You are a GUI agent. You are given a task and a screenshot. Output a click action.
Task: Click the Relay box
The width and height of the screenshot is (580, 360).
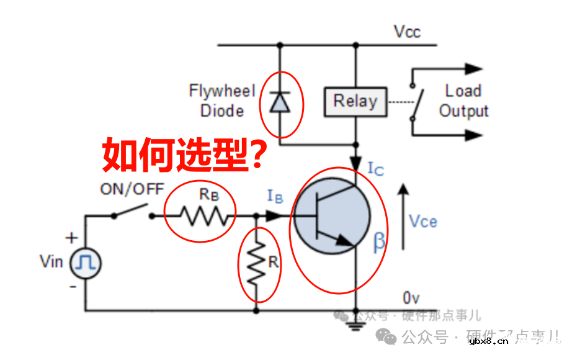coord(355,101)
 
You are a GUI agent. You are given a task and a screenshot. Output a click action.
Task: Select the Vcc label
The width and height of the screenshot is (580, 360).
coord(407,32)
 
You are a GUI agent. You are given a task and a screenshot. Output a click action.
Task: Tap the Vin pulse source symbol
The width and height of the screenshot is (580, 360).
coord(85,264)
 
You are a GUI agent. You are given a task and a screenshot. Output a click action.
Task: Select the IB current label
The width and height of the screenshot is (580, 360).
coord(275,196)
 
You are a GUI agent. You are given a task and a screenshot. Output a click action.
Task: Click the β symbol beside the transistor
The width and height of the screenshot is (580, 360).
coord(379,243)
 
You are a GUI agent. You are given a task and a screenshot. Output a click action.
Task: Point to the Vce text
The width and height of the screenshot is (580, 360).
coord(423,221)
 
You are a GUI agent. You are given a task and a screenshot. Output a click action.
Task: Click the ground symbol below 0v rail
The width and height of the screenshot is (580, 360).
coord(356,323)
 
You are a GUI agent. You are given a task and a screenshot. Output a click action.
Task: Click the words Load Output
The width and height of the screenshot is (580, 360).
coord(463,101)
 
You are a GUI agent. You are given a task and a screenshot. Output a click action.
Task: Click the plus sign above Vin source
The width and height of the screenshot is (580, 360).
coord(73,237)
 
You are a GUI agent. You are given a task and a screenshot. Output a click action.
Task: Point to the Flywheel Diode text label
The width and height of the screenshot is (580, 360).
coord(222,101)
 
